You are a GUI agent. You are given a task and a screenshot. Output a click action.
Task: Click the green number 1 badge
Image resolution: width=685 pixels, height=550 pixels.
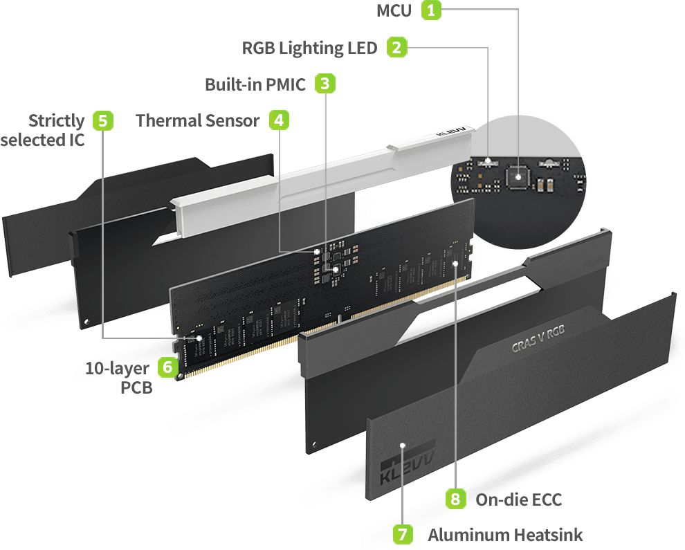432,10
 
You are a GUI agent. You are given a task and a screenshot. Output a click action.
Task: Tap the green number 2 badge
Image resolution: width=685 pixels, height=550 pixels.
396,48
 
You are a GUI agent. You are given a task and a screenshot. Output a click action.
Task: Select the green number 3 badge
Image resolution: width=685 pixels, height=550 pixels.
325,84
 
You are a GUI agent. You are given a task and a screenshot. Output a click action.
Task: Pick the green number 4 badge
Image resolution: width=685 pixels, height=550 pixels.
278,120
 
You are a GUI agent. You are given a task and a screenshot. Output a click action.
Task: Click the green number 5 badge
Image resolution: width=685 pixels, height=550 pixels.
102,120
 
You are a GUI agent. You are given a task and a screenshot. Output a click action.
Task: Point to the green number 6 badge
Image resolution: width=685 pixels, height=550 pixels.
167,367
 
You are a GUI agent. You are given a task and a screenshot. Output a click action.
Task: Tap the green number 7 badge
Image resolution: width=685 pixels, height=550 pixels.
403,534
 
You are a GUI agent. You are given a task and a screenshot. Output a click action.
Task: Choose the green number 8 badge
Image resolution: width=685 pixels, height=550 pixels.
455,499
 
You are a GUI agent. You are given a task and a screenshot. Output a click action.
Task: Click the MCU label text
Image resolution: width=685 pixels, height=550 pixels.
394,11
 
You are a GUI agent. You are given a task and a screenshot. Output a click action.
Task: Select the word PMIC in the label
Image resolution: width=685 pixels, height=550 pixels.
285,85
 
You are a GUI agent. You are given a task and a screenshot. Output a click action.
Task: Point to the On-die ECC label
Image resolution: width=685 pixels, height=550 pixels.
518,499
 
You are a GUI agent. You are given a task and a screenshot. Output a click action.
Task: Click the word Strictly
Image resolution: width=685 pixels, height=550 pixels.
56,121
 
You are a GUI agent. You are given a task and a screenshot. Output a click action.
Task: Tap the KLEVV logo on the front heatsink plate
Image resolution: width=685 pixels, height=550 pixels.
407,468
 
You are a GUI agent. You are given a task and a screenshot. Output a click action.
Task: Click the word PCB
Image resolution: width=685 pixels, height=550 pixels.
136,387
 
